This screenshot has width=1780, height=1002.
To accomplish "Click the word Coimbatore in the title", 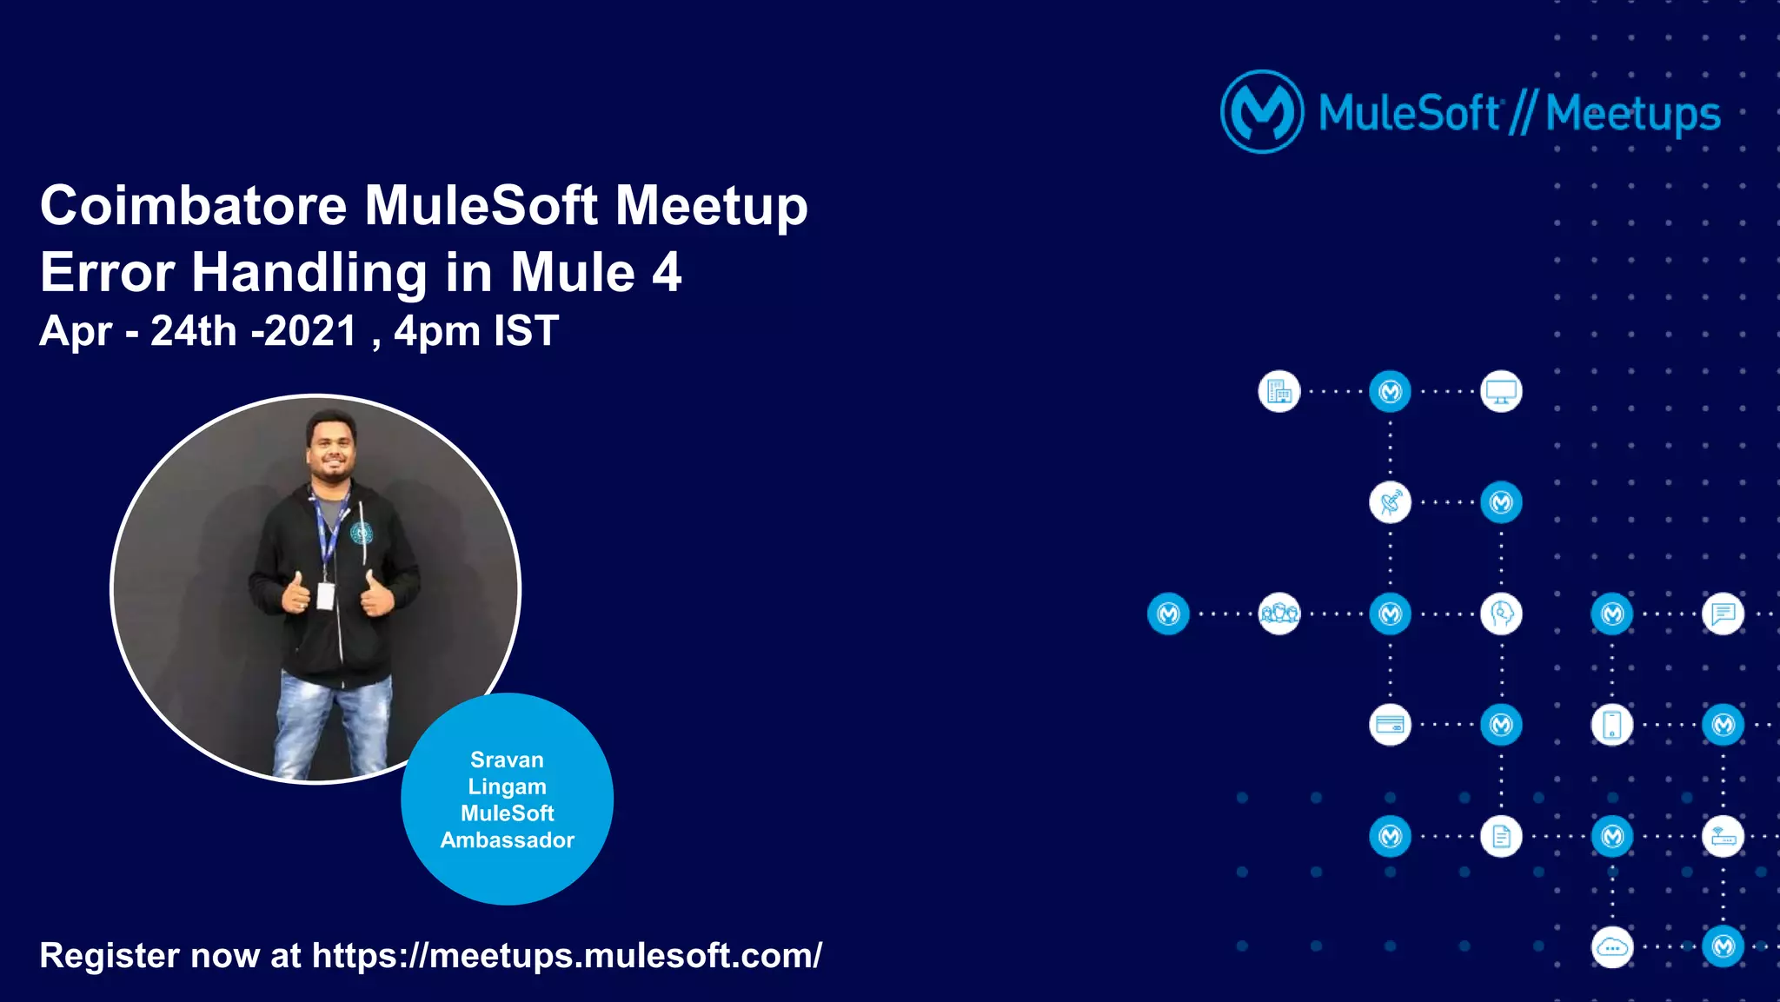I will pyautogui.click(x=193, y=207).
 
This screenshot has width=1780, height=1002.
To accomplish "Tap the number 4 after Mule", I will pyautogui.click(x=666, y=273).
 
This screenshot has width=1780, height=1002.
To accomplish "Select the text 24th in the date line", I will pyautogui.click(x=193, y=331).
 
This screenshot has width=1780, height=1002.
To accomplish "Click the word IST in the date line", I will pyautogui.click(x=526, y=331).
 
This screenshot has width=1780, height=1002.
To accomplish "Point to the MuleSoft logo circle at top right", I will pyautogui.click(x=1262, y=112).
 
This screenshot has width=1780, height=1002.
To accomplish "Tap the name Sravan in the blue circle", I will pyautogui.click(x=507, y=760).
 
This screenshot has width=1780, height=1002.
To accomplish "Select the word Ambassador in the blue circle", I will pyautogui.click(x=507, y=840).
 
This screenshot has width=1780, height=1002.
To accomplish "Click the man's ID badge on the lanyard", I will pyautogui.click(x=325, y=596).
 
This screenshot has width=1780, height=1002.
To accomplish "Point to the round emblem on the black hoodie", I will pyautogui.click(x=362, y=533).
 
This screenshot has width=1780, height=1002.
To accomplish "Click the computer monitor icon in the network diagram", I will pyautogui.click(x=1501, y=391).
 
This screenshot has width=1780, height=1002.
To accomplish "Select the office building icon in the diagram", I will pyautogui.click(x=1279, y=391).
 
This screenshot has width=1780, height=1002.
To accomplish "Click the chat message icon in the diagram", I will pyautogui.click(x=1723, y=614).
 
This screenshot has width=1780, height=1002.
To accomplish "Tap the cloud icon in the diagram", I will pyautogui.click(x=1612, y=946).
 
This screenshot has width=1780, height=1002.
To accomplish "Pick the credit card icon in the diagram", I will pyautogui.click(x=1390, y=725).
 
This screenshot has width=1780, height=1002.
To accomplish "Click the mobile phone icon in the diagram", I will pyautogui.click(x=1612, y=725).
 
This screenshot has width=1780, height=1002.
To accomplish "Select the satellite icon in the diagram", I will pyautogui.click(x=1390, y=502).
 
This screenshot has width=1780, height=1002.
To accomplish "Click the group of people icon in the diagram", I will pyautogui.click(x=1279, y=614).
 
